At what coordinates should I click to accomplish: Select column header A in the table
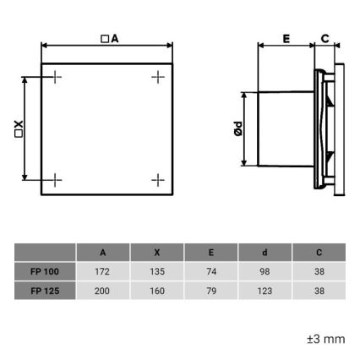[x=102, y=253]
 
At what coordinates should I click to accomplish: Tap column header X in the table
[x=156, y=253]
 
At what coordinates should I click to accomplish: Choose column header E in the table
[x=210, y=253]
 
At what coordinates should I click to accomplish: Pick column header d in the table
[x=265, y=253]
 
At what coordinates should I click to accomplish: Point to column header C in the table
[x=319, y=253]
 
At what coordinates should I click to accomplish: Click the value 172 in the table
[x=102, y=271]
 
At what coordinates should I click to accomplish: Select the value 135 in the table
[x=156, y=271]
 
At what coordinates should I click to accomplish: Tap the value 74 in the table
[x=210, y=271]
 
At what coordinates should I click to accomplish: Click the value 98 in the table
[x=265, y=271]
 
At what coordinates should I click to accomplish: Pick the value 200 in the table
[x=102, y=291]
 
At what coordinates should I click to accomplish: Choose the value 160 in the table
[x=156, y=291]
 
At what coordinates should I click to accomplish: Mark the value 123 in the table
[x=265, y=291]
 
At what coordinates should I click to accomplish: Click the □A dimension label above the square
[x=108, y=38]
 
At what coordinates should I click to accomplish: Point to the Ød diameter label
[x=238, y=129]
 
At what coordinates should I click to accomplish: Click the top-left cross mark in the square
[x=56, y=78]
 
